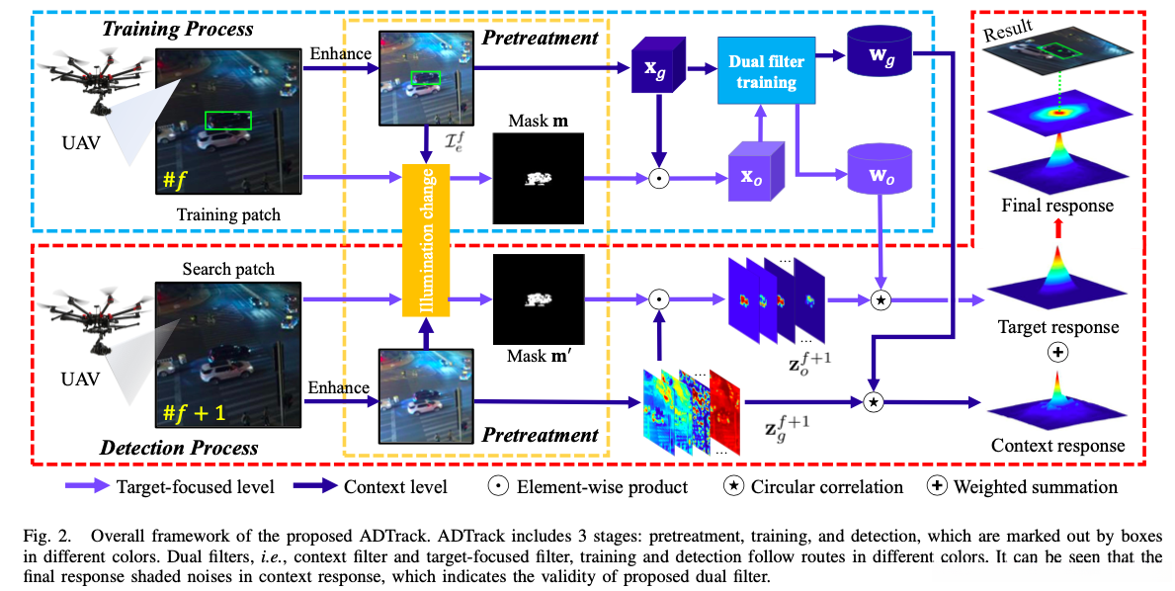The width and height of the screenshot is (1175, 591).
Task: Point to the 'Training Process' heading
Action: [x=178, y=29]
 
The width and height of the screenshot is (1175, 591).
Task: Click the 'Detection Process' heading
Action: [x=180, y=447]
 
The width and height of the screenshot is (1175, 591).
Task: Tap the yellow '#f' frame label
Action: [x=177, y=181]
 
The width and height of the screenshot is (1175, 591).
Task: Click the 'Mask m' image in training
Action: [x=538, y=179]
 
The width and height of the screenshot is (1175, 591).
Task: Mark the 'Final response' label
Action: [x=1056, y=207]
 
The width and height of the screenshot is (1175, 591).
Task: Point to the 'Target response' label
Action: [x=1058, y=327]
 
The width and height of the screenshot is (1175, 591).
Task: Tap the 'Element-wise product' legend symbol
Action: [x=498, y=486]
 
